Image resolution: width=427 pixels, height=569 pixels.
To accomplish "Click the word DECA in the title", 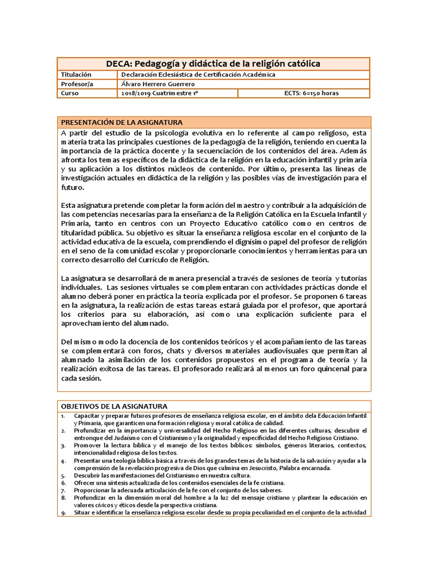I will point(120,64).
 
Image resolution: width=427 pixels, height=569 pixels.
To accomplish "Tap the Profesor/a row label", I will point(77,83).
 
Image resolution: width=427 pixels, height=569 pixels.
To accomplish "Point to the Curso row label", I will point(70,93).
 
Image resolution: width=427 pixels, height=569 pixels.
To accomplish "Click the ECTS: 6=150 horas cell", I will point(311,93).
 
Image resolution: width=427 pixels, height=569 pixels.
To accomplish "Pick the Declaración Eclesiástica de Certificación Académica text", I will point(198,74).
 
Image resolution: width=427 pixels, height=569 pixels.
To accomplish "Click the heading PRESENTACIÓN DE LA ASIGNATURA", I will point(122,122).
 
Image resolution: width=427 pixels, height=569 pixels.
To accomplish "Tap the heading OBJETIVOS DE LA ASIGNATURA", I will point(114,407).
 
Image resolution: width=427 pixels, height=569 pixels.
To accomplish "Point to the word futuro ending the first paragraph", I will point(72,188).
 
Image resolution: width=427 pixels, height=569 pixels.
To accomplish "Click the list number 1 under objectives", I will point(63,416).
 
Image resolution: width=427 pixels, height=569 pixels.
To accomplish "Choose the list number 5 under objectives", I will point(63,476).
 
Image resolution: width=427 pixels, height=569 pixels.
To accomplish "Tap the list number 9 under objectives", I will point(63,512).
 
